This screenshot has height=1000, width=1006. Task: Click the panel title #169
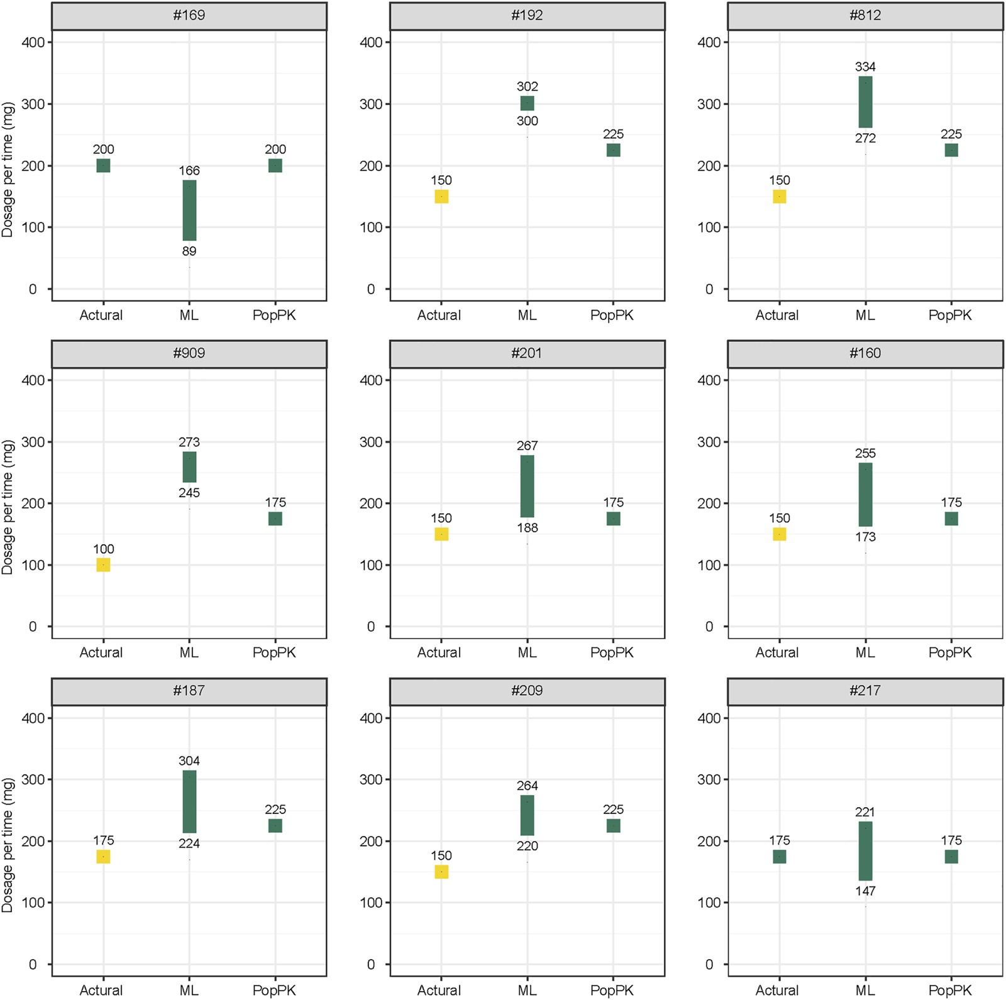[189, 15]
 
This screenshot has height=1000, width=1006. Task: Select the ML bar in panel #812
[865, 102]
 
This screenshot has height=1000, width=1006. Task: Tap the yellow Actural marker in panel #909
[103, 564]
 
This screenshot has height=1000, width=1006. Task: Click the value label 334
[865, 67]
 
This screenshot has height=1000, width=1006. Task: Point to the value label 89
[189, 251]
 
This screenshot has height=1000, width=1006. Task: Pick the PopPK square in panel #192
[613, 150]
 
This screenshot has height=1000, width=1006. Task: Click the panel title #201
[527, 353]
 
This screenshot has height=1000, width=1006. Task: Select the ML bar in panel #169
[189, 210]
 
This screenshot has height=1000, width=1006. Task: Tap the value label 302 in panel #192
[527, 87]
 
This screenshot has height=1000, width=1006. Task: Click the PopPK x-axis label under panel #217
[950, 990]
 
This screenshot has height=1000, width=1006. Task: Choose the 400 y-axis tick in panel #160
[709, 380]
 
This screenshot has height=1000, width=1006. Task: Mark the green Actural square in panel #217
[779, 856]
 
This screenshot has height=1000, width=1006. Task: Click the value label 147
[865, 891]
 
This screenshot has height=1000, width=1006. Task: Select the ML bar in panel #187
[189, 801]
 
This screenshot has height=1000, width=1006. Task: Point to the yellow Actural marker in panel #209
[441, 871]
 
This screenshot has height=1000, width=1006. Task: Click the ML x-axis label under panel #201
[527, 652]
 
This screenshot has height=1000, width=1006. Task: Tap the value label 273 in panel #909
[189, 442]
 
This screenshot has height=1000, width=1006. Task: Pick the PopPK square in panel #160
[951, 519]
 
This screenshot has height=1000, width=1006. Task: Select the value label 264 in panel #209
[527, 786]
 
